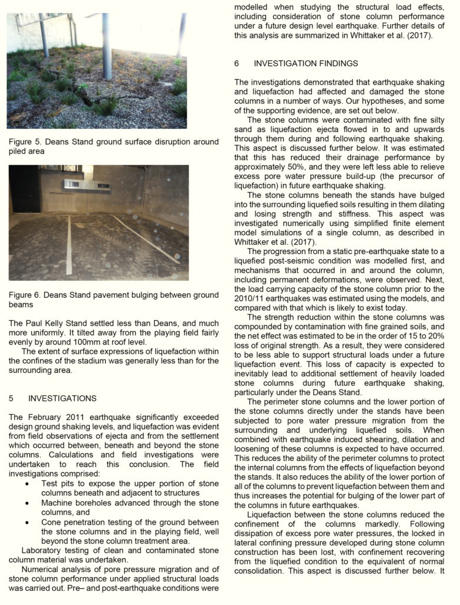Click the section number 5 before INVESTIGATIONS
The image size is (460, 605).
[x=11, y=398]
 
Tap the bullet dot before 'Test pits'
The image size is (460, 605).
[x=28, y=483]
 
